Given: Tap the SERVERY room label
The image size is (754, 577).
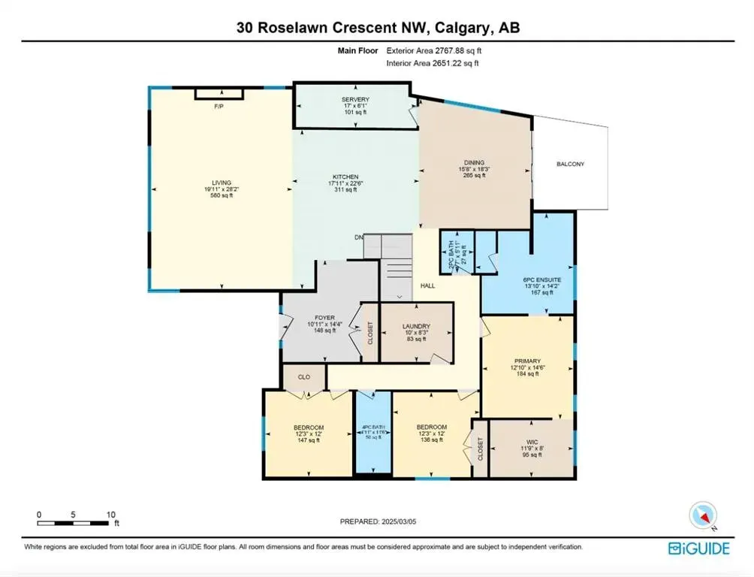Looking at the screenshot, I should coord(355,100).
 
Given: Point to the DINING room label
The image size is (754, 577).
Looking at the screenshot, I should coord(474,162).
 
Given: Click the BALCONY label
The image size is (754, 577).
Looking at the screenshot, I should coord(570,164).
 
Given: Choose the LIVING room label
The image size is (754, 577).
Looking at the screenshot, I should coord(222,183).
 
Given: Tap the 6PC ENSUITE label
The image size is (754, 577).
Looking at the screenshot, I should coord(532,280).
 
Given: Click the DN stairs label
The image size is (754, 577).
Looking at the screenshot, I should coord(360,238).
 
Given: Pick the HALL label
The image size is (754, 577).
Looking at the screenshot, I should coord(427,285).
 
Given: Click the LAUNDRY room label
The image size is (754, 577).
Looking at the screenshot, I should coord(415,327).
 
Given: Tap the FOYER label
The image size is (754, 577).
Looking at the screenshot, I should coord(320,318).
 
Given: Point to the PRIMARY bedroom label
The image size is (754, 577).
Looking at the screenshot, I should coord(527,361).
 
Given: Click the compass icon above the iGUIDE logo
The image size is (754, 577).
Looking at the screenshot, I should coord(703,516).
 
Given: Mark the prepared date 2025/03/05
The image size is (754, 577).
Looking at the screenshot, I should coord(377,521).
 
